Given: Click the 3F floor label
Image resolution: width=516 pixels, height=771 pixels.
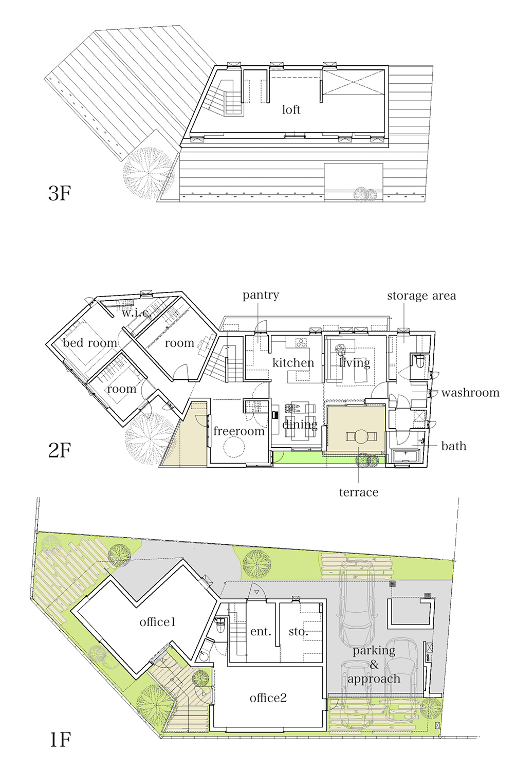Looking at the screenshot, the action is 60,193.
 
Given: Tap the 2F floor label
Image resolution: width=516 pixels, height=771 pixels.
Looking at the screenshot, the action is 60,450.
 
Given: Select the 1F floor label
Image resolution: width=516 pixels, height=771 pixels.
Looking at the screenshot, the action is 60,740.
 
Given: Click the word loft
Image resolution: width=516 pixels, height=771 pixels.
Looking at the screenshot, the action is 291,110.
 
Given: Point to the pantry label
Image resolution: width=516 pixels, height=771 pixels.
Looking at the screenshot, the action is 261,296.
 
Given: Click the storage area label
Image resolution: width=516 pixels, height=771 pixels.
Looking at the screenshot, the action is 421,296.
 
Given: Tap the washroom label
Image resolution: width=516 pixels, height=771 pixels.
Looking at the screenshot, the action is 470,393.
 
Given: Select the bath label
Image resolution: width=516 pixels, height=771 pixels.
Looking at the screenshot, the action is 454,446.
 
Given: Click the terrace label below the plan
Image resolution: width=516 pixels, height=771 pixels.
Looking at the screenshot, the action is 359,492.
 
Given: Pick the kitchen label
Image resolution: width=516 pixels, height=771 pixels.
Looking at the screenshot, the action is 293,362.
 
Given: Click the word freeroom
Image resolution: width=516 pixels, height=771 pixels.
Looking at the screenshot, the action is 239,431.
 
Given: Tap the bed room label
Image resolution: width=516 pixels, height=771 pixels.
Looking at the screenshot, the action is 90,343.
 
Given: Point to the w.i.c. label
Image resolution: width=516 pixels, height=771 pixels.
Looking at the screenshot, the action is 136,313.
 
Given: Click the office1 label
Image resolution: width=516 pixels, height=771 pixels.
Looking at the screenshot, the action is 158,622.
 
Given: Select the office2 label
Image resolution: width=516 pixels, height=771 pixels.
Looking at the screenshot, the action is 268,697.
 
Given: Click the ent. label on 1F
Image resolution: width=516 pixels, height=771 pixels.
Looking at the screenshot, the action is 261,632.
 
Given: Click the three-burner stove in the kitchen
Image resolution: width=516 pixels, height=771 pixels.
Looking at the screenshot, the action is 301,343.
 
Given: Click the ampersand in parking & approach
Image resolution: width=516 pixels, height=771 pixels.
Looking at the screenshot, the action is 374,665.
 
